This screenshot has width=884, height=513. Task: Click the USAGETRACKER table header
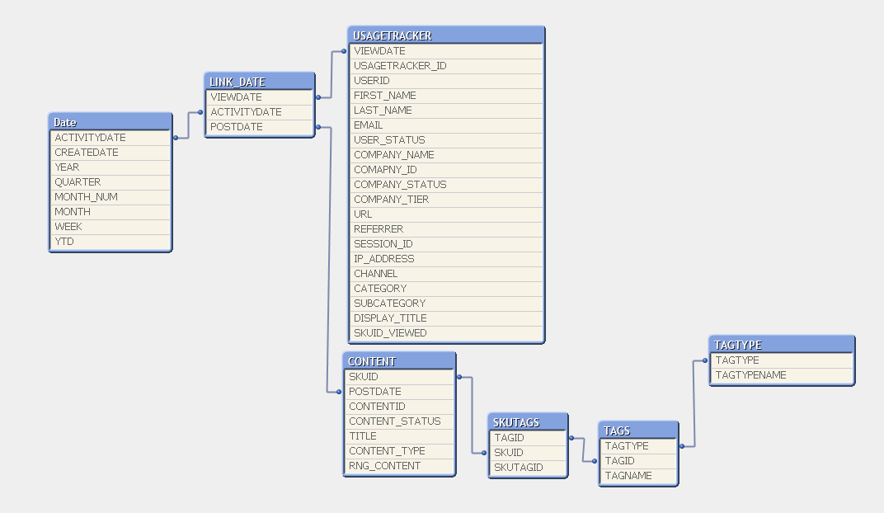tap(445, 35)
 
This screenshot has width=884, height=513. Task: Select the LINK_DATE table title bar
tap(259, 82)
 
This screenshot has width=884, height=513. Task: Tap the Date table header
tap(110, 122)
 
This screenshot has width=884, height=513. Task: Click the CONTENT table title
tap(398, 361)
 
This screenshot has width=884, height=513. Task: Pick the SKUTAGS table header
tap(527, 422)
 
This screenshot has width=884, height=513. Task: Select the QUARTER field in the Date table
tap(78, 182)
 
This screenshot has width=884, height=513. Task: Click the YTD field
tap(64, 242)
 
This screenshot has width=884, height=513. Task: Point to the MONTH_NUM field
tap(86, 197)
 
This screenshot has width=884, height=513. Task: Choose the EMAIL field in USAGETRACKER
tap(369, 125)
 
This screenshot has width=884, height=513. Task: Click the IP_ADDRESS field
tap(383, 259)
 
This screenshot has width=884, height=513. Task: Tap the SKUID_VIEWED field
tap(390, 333)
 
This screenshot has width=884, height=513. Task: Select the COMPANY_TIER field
tap(391, 200)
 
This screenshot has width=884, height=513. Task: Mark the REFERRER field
tap(379, 229)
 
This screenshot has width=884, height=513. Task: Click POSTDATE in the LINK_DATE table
tap(237, 127)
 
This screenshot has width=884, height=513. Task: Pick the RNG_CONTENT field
tap(384, 466)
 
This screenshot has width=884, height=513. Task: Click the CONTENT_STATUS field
tap(394, 421)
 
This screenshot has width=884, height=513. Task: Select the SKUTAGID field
tap(519, 468)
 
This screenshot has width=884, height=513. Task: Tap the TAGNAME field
tap(628, 476)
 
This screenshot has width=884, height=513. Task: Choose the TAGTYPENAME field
tap(750, 375)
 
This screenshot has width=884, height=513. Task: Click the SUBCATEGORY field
tap(389, 304)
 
